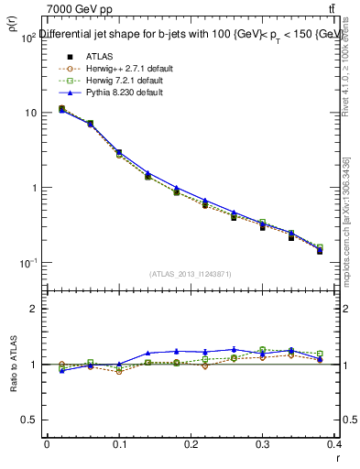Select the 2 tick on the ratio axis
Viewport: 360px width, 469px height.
[x=33, y=310]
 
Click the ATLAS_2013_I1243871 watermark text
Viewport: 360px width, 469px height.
[x=191, y=273]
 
